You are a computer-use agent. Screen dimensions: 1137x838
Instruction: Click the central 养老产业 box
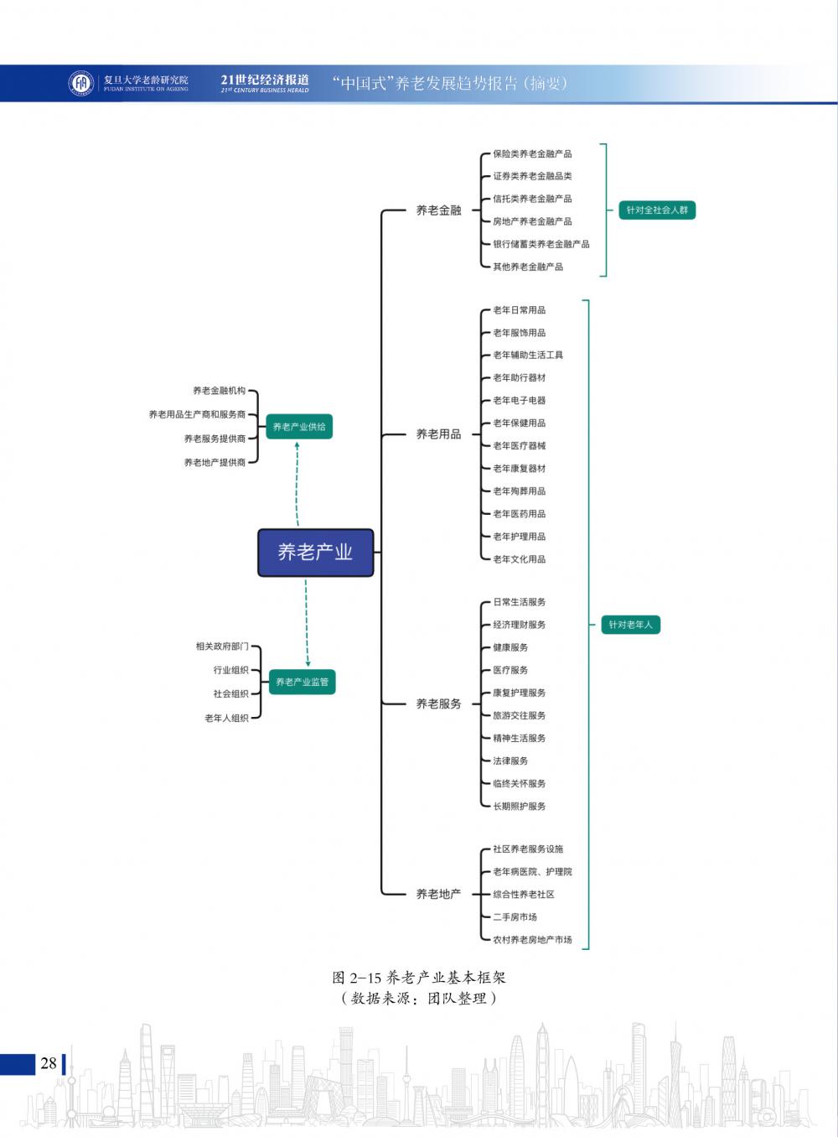point(315,553)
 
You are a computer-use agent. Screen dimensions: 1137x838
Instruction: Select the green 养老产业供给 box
point(299,427)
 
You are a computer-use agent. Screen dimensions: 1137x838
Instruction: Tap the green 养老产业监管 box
point(302,682)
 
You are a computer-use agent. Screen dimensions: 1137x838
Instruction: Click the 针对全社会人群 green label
point(657,210)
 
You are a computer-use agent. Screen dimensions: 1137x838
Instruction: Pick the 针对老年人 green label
point(630,625)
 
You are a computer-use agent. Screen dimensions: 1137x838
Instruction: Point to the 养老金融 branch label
point(438,210)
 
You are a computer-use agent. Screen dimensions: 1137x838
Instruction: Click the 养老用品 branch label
point(438,434)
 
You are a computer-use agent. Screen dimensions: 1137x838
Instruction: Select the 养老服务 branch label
point(438,703)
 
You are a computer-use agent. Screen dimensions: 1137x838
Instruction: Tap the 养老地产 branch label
point(438,894)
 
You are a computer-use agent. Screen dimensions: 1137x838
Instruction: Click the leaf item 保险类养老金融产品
point(532,154)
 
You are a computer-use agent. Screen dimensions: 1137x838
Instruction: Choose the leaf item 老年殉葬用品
point(519,491)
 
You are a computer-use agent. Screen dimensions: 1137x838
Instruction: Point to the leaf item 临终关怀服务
point(519,783)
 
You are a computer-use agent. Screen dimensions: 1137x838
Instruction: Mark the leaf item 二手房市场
point(515,917)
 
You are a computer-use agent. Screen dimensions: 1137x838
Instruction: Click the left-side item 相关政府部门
point(222,646)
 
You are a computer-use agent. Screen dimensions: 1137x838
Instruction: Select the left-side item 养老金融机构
point(219,391)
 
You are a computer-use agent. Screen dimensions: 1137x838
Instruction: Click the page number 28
point(49,1063)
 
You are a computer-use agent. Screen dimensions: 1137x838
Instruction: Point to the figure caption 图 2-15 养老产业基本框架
point(419,978)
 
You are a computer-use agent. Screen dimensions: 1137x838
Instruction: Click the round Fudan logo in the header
point(81,83)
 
